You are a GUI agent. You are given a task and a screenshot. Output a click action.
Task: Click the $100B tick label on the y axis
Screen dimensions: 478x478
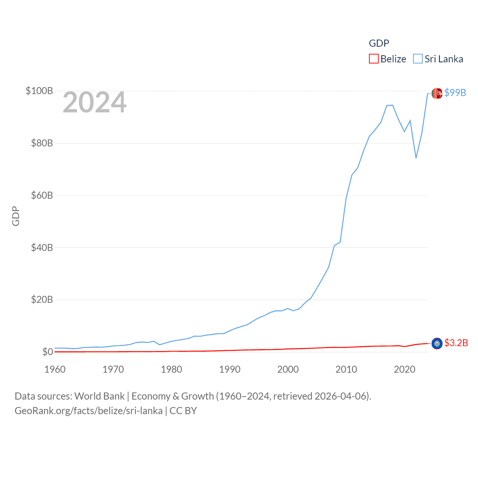tap(39, 91)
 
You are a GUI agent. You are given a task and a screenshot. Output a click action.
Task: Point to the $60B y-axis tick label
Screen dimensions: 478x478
tap(41, 195)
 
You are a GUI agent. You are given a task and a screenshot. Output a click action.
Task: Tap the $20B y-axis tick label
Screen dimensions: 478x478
tap(41, 299)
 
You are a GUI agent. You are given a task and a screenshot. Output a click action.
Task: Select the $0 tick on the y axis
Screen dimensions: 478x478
tap(47, 352)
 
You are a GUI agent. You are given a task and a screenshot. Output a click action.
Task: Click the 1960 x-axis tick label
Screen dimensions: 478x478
tap(55, 369)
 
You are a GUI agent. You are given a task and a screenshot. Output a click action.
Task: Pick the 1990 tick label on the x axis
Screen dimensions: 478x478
tap(230, 369)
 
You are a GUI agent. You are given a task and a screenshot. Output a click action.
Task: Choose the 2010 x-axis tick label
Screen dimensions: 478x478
tap(346, 369)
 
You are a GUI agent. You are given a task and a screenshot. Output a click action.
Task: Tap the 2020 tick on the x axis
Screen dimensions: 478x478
tap(404, 369)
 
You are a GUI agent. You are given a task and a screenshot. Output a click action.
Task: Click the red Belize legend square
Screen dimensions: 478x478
tap(373, 59)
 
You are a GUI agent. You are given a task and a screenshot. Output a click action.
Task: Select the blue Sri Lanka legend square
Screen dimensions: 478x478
tap(418, 59)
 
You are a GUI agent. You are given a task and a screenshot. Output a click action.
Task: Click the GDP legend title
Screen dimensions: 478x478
tap(379, 43)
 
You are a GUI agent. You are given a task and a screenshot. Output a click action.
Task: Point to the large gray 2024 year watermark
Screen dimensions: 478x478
tap(94, 102)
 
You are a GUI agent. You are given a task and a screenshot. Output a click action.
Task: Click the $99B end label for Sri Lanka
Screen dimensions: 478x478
tap(455, 93)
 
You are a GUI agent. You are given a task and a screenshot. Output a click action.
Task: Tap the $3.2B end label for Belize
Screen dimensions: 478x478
tap(456, 343)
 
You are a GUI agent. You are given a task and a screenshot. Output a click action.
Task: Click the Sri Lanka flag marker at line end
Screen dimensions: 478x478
tap(437, 93)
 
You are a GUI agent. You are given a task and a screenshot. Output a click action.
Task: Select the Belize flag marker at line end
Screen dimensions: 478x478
tap(437, 344)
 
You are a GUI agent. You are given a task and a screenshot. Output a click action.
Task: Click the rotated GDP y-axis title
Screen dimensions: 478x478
tap(16, 216)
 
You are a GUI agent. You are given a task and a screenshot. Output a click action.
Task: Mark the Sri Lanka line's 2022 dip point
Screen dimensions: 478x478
tap(416, 158)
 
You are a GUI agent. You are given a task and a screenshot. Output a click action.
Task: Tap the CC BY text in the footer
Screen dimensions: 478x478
tap(183, 411)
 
